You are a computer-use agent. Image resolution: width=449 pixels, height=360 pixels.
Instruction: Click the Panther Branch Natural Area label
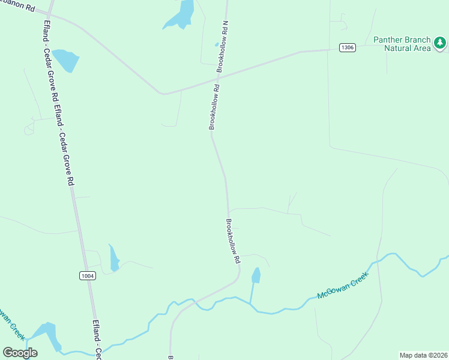click(x=402, y=44)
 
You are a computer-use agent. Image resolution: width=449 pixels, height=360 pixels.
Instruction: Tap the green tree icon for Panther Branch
click(x=440, y=43)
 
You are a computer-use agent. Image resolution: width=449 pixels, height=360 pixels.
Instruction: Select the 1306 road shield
click(x=346, y=47)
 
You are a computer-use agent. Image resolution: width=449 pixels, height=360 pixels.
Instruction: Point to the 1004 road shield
click(x=87, y=275)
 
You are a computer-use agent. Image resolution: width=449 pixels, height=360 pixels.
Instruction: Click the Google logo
click(x=20, y=353)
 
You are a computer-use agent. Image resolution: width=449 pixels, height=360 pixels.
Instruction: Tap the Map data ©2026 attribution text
click(x=423, y=355)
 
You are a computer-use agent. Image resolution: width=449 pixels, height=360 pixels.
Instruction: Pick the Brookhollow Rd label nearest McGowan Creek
click(x=233, y=241)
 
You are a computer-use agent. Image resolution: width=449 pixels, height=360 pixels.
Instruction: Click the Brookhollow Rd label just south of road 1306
click(x=214, y=107)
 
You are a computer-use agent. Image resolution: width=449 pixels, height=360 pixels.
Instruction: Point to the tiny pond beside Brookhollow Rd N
click(x=217, y=44)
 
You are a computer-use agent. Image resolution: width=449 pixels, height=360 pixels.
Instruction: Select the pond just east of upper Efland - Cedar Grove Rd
click(x=65, y=59)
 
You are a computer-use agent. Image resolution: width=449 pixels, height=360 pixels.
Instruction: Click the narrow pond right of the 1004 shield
click(x=113, y=258)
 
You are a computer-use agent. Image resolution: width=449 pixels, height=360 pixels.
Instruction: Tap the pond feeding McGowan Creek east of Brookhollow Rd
click(x=256, y=276)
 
